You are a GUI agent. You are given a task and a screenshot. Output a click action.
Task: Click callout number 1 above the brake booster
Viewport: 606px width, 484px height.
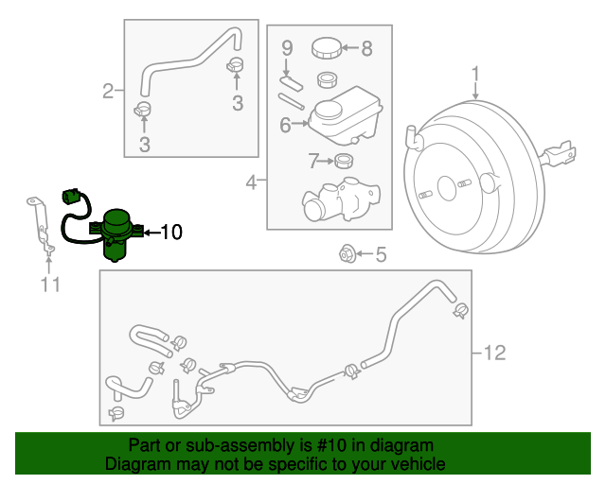pos(476,73)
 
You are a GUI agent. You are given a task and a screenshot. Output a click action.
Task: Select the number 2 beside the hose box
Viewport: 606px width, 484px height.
pos(108,92)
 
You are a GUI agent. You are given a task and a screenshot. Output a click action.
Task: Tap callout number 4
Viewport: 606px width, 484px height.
pos(251,181)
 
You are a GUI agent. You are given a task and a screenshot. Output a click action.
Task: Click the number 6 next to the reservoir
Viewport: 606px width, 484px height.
pos(285,124)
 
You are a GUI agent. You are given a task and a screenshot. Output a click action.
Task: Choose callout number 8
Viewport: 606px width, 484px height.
pos(366,47)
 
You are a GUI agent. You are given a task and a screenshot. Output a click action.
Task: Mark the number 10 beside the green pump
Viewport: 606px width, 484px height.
pos(170,231)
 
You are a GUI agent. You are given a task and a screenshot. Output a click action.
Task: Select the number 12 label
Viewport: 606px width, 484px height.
pos(493,354)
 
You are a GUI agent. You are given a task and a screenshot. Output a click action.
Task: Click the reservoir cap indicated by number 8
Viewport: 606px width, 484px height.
pos(326,47)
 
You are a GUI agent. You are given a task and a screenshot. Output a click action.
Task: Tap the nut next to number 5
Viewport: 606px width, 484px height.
pos(346,253)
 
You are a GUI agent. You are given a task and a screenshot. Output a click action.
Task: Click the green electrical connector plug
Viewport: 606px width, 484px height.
pos(69,197)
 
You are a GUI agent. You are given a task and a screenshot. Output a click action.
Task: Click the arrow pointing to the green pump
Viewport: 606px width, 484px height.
pos(151,231)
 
